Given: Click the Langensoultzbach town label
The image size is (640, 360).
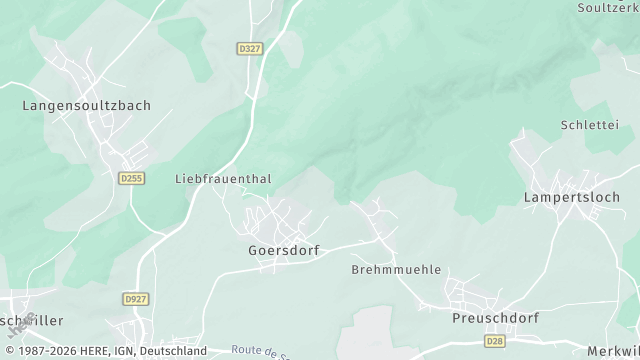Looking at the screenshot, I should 86,104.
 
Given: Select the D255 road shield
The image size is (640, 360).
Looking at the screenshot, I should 130,178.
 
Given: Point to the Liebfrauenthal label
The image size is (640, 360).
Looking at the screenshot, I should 223,179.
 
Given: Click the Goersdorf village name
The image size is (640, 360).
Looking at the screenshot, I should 284,251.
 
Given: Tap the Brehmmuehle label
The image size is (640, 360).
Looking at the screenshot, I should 396,270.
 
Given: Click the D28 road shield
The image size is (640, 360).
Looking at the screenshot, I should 495,341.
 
